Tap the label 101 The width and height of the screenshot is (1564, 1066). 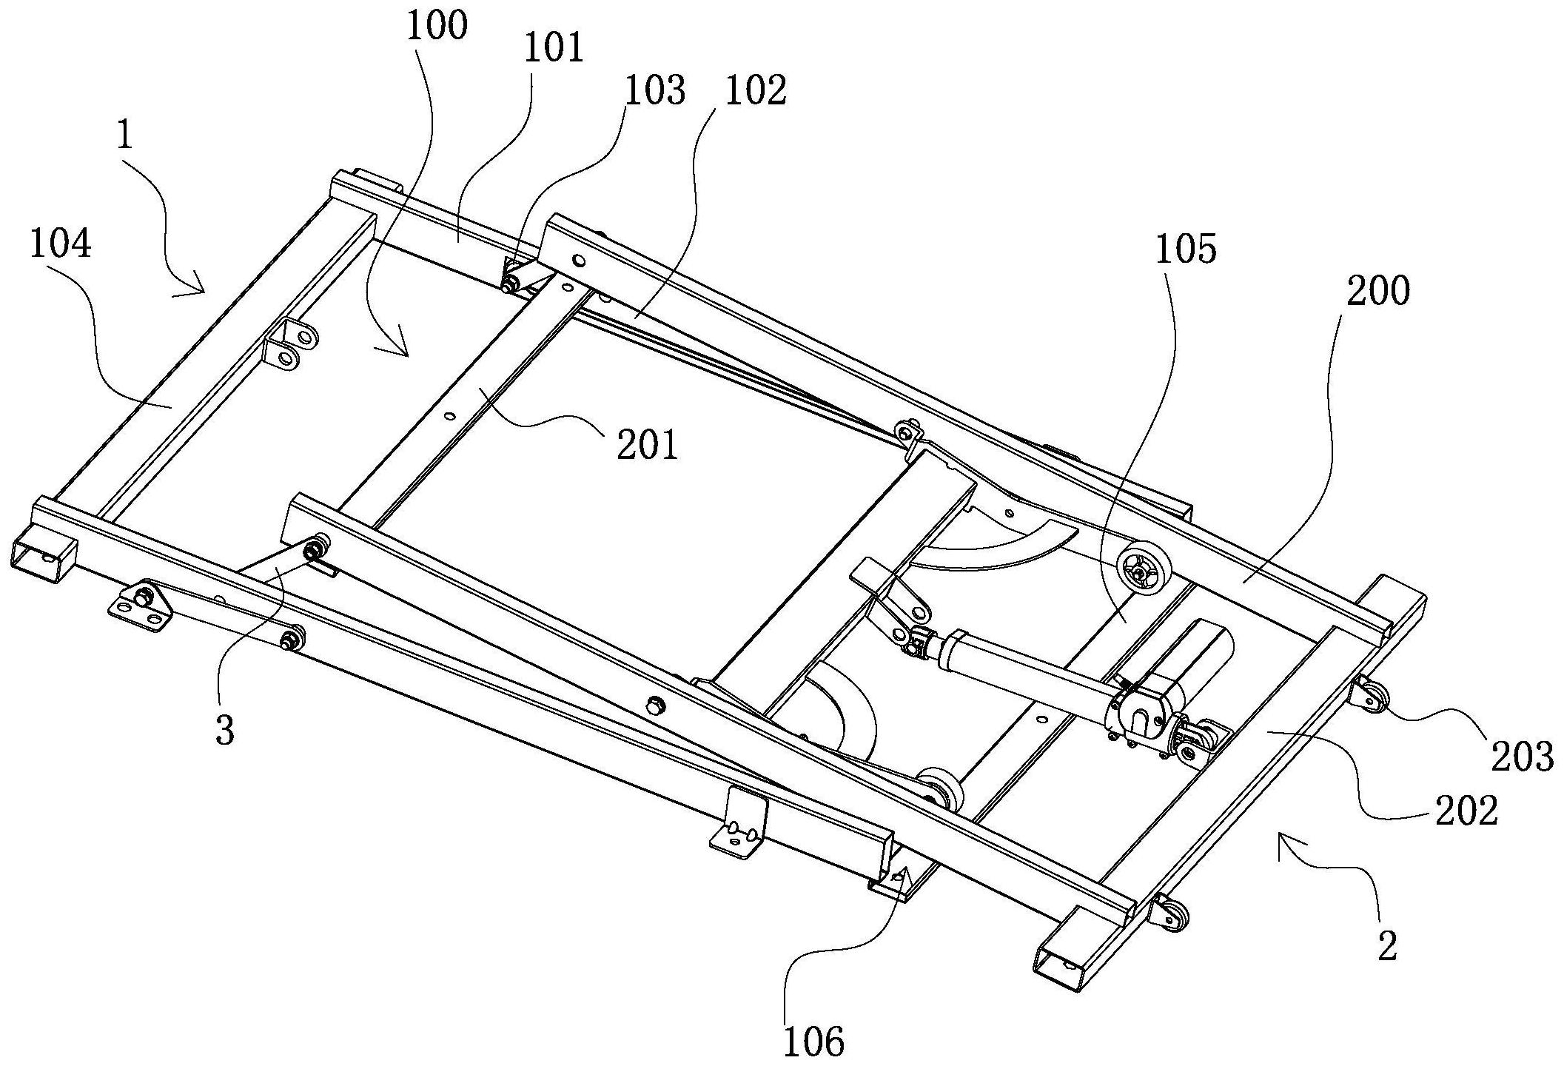[x=554, y=49]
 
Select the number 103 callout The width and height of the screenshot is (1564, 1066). [x=655, y=91]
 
